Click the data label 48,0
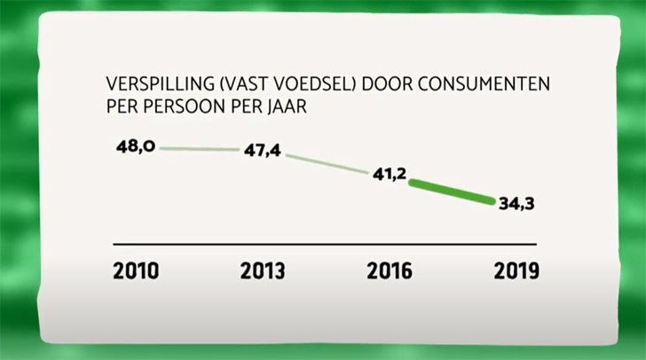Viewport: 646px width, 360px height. (x=136, y=146)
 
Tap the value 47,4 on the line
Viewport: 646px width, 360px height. (x=262, y=151)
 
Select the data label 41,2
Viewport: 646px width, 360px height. (x=389, y=176)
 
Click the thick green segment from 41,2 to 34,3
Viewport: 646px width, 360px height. (x=453, y=190)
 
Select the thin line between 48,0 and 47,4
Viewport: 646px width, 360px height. (x=197, y=149)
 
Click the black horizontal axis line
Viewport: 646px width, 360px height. (x=325, y=243)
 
